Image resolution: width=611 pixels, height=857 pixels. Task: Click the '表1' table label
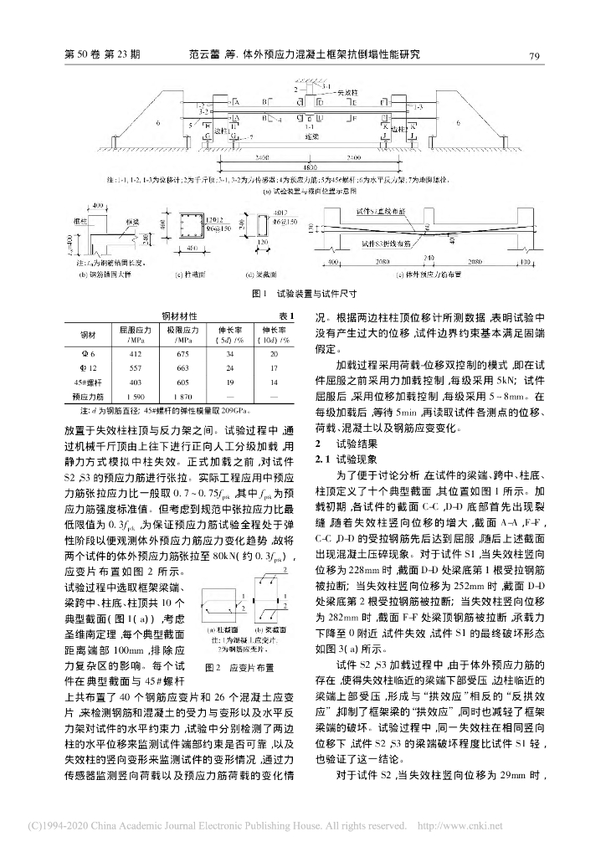[286, 316]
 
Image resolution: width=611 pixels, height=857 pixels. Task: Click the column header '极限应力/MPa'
[182, 335]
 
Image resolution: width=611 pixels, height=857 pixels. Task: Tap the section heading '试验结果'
[342, 441]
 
